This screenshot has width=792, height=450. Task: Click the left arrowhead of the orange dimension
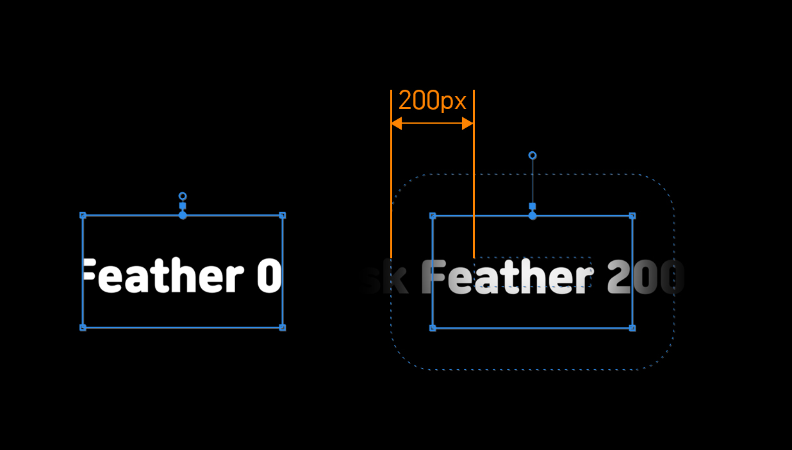[397, 123]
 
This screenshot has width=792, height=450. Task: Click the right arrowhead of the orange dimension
[468, 123]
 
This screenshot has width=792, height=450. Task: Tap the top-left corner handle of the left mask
[83, 215]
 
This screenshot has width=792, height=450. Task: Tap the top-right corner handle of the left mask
[283, 215]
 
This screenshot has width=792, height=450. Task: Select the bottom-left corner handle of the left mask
[83, 328]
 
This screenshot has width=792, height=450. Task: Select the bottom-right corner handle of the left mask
[283, 328]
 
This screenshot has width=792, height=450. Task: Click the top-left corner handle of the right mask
[433, 216]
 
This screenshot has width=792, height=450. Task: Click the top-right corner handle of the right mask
[632, 216]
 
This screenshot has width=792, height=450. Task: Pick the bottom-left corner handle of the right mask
[433, 328]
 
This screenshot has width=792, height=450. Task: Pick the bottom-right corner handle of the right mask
[632, 328]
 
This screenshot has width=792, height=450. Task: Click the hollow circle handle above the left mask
[183, 196]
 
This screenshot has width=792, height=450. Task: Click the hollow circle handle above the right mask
[532, 156]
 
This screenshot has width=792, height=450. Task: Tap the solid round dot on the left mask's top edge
[183, 215]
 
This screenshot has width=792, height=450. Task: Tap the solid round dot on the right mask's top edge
[532, 216]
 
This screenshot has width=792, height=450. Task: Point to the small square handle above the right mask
[532, 206]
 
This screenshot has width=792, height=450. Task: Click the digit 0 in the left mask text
[269, 277]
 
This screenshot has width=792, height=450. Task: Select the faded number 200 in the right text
[644, 278]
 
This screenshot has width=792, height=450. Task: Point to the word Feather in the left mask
[164, 277]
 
